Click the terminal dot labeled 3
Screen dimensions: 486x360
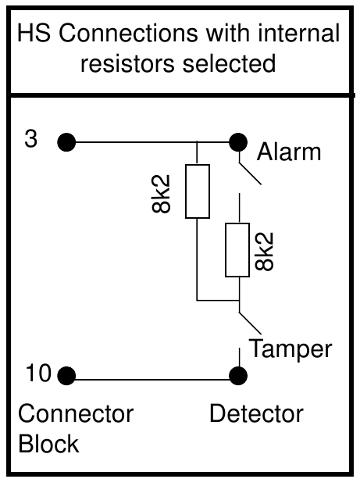coord(67,142)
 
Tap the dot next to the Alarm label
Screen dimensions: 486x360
coord(237,142)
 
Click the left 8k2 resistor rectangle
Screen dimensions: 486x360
coord(197,191)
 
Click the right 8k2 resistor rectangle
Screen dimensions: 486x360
coord(237,249)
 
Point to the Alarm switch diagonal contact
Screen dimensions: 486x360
coord(249,170)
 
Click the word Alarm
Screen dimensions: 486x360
coord(289,152)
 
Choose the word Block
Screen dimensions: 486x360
coord(48,444)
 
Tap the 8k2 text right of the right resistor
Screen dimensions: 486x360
coord(266,250)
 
